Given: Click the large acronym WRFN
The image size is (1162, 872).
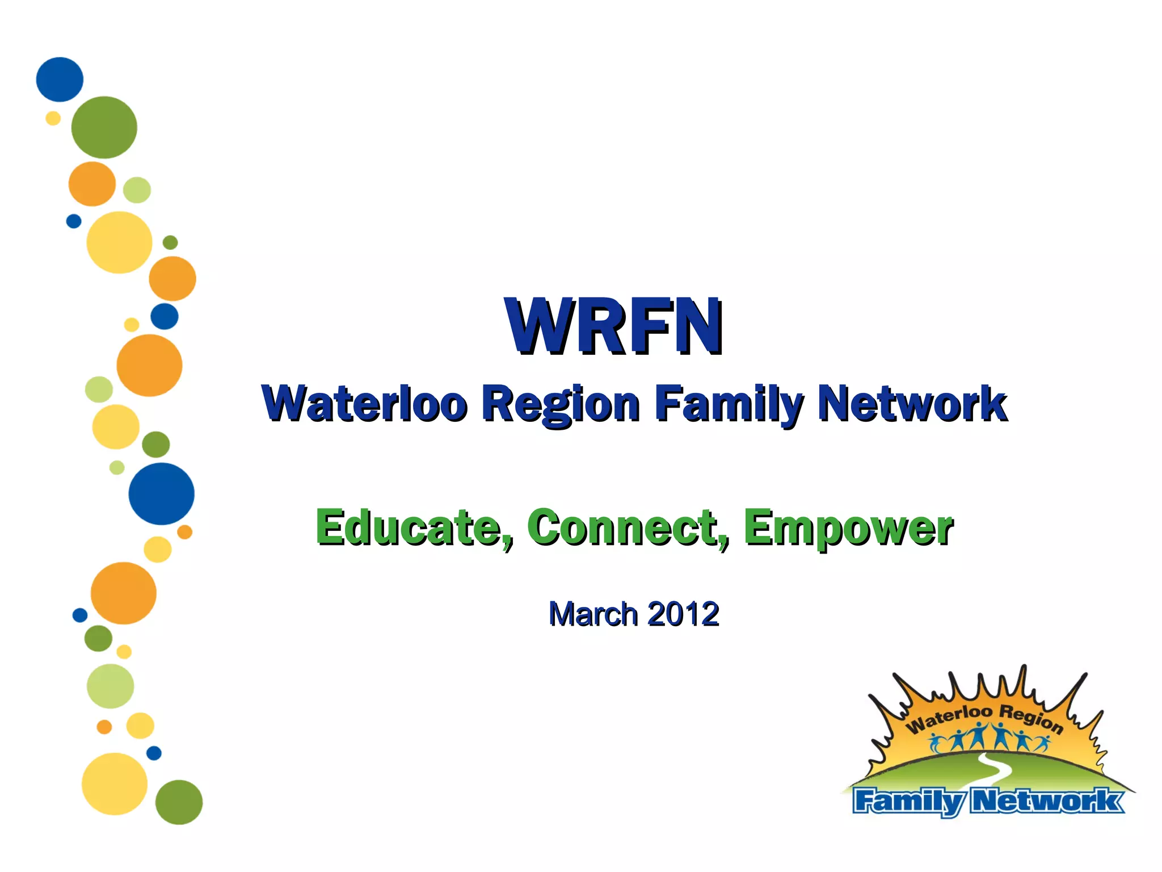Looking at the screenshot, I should click(x=614, y=328).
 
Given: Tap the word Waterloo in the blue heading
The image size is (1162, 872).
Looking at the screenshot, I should click(x=364, y=404).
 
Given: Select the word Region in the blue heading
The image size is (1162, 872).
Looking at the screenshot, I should click(x=561, y=404).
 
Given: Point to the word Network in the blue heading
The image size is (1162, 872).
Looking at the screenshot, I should click(x=912, y=404).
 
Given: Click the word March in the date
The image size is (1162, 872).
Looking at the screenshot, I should click(x=593, y=614).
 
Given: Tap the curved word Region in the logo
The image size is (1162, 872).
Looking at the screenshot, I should click(x=1030, y=718).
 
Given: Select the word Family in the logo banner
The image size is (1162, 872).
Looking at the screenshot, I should click(x=908, y=802).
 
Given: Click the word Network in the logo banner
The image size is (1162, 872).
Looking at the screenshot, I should click(x=1047, y=802).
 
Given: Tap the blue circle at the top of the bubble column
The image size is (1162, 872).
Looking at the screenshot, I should click(x=60, y=79).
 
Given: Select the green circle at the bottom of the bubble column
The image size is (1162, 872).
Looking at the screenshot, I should click(x=179, y=802).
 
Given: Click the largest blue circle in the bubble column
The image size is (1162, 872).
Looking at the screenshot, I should click(x=161, y=493).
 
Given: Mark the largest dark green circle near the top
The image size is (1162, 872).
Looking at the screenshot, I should click(x=104, y=127).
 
